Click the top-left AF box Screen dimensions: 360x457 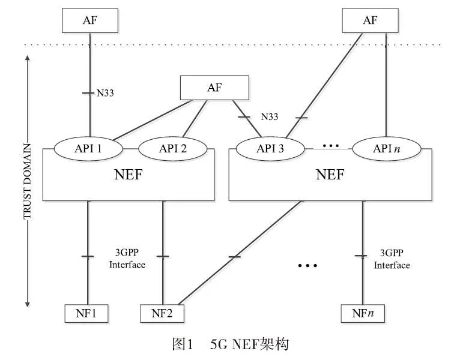pyautogui.click(x=90, y=20)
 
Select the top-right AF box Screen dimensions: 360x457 pyautogui.click(x=370, y=20)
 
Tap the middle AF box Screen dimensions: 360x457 pyautogui.click(x=214, y=88)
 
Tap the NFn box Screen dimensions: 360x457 pyautogui.click(x=362, y=313)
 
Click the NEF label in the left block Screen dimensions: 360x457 pyautogui.click(x=129, y=175)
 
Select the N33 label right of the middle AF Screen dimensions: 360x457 pyautogui.click(x=270, y=116)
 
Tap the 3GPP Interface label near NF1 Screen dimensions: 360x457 pyautogui.click(x=127, y=259)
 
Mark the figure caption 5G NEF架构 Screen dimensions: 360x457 pyautogui.click(x=231, y=344)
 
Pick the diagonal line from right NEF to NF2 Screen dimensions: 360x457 pyautogui.click(x=240, y=254)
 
